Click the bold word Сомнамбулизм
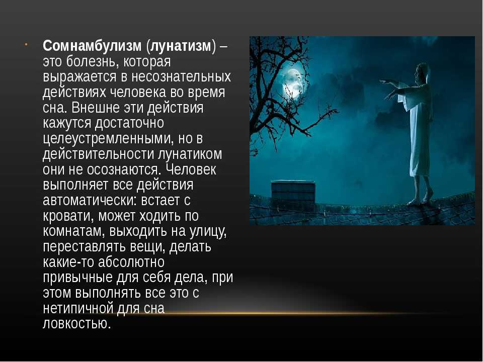pos(92,46)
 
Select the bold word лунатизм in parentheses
pos(181,46)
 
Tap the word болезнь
pos(93,61)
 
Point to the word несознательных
pos(181,76)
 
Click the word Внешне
pos(93,108)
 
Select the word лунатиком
pos(190,154)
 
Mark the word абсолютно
pos(131,262)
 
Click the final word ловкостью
pos(76,323)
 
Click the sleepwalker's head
pos(422,72)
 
